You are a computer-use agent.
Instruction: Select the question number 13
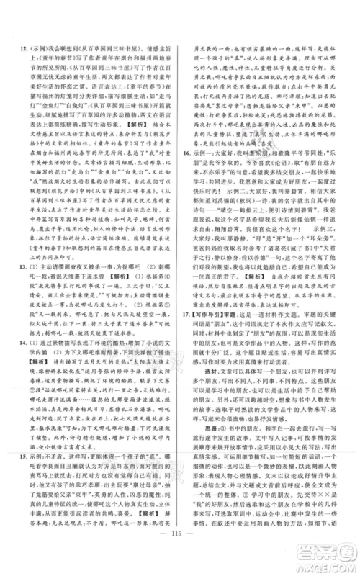click(x=23, y=287)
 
